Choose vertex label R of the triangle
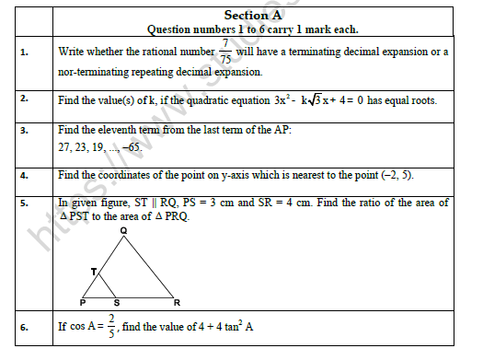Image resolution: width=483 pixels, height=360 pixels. [x=176, y=302]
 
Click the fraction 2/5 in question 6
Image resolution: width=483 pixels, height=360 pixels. [x=111, y=325]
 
